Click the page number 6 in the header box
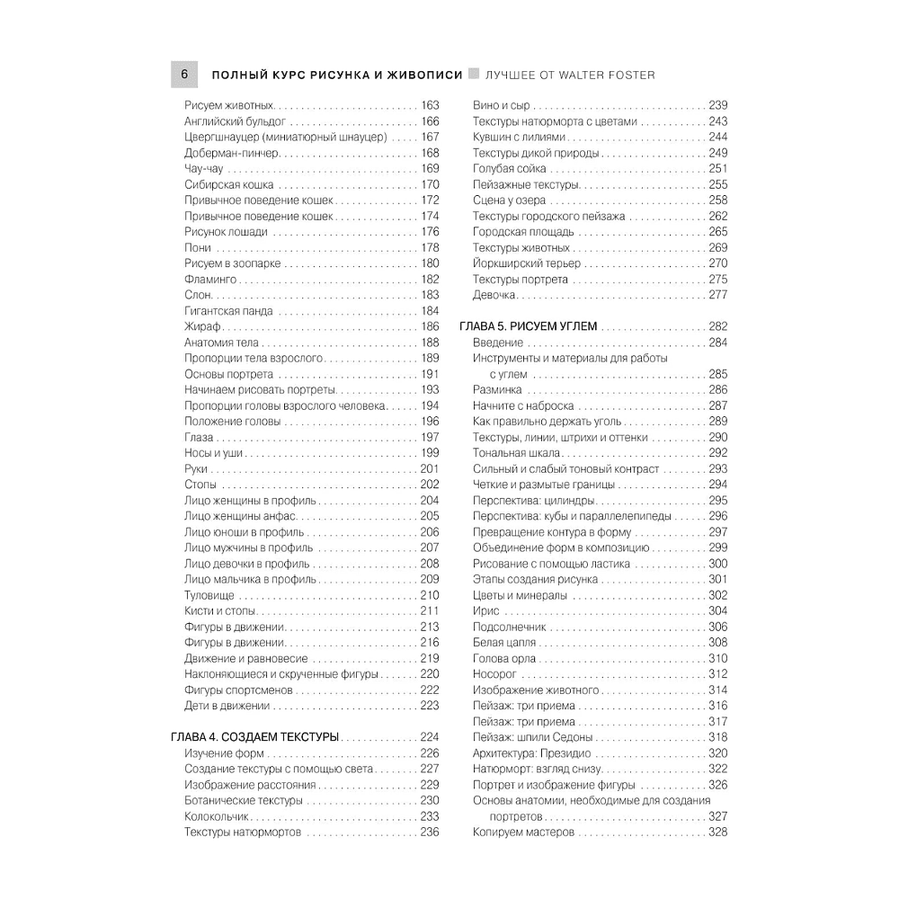(x=183, y=75)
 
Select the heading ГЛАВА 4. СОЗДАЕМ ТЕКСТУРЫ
(x=254, y=737)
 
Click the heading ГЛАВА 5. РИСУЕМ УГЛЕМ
(x=528, y=326)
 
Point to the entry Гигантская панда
(x=228, y=311)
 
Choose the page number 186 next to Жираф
(x=430, y=326)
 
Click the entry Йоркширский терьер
(x=526, y=263)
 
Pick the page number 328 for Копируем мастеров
(x=717, y=832)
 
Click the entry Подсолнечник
(x=510, y=627)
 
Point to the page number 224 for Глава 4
(x=430, y=737)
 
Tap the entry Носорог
(x=494, y=674)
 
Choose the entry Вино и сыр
(x=501, y=105)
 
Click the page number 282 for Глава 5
(x=717, y=326)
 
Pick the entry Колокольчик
(x=217, y=816)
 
